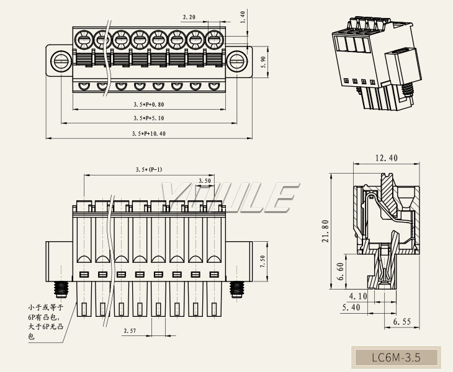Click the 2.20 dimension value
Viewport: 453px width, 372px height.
click(189, 17)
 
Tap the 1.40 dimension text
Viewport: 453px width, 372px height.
click(243, 17)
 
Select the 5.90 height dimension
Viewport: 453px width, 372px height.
click(264, 62)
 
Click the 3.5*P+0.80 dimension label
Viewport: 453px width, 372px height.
click(149, 104)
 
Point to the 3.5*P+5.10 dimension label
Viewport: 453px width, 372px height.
click(149, 118)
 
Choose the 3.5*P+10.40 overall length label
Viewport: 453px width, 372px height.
click(149, 133)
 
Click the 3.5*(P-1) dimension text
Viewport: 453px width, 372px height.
click(149, 169)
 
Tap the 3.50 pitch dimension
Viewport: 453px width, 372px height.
click(205, 180)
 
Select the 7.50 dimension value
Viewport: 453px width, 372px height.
click(262, 262)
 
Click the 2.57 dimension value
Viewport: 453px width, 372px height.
click(130, 330)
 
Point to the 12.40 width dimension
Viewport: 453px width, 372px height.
click(386, 158)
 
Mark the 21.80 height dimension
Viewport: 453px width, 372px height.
click(326, 231)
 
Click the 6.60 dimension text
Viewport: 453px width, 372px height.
click(341, 272)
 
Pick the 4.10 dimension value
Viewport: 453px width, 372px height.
click(358, 296)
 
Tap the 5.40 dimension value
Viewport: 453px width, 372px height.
click(351, 308)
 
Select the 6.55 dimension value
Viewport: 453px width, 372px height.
click(402, 322)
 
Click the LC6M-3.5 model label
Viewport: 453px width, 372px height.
click(396, 358)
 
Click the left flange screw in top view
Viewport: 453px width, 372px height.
click(61, 61)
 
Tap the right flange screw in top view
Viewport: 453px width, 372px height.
click(237, 61)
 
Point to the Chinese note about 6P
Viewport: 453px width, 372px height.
click(45, 322)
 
